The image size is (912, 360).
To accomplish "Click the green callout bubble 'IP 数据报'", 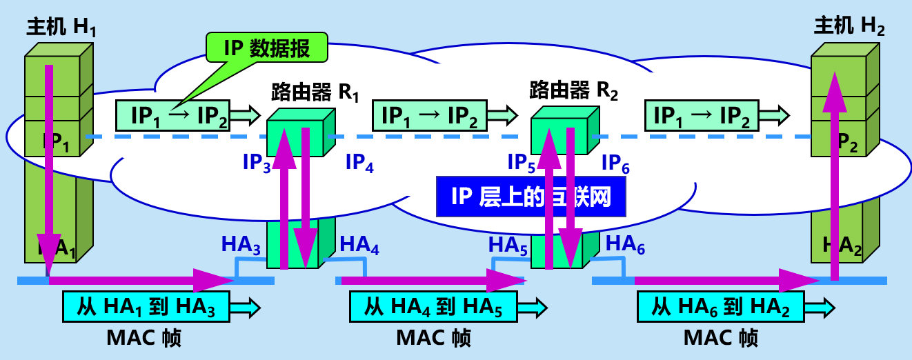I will pyautogui.click(x=266, y=48).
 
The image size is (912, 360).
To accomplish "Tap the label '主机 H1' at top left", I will pyautogui.click(x=61, y=27).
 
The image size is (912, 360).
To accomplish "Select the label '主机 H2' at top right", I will pyautogui.click(x=849, y=27).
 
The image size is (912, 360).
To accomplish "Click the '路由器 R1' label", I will pyautogui.click(x=315, y=91).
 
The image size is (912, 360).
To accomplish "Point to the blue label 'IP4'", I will pyautogui.click(x=359, y=164).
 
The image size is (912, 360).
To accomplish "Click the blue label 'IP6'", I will pyautogui.click(x=615, y=163).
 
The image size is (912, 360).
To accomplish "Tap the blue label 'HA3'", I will pyautogui.click(x=241, y=244).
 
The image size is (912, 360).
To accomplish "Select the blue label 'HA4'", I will pyautogui.click(x=359, y=244).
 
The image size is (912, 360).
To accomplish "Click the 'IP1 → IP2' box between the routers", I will pyautogui.click(x=430, y=114).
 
